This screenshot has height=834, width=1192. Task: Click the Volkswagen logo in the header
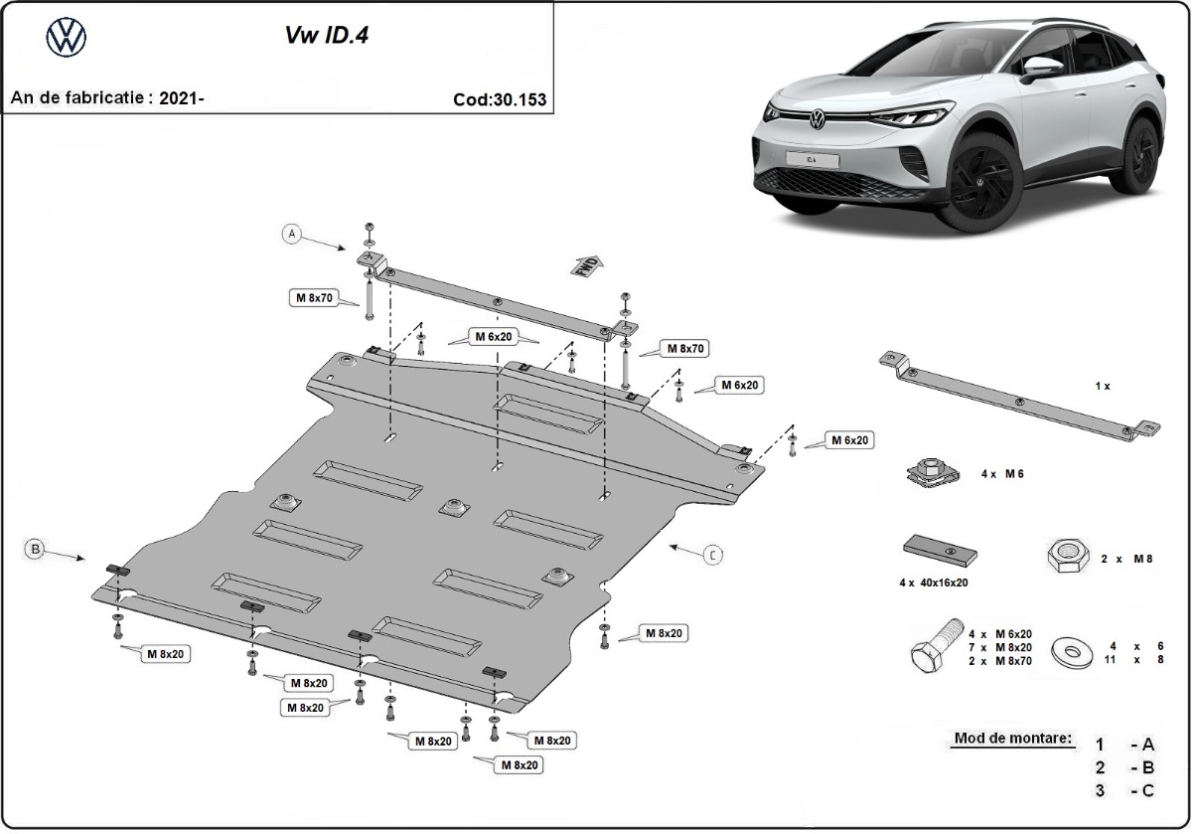[67, 38]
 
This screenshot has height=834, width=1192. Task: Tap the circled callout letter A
[291, 235]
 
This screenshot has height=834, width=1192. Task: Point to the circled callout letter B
[35, 548]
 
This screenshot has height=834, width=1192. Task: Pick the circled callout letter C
[712, 556]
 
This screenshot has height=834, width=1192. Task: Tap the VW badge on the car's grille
[817, 121]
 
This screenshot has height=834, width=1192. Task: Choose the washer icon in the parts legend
[1072, 651]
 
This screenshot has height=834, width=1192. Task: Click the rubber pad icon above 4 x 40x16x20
[940, 549]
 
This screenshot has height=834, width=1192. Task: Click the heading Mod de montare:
[1012, 739]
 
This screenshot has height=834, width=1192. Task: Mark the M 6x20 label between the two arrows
[494, 337]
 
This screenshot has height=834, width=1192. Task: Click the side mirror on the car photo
[1040, 68]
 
